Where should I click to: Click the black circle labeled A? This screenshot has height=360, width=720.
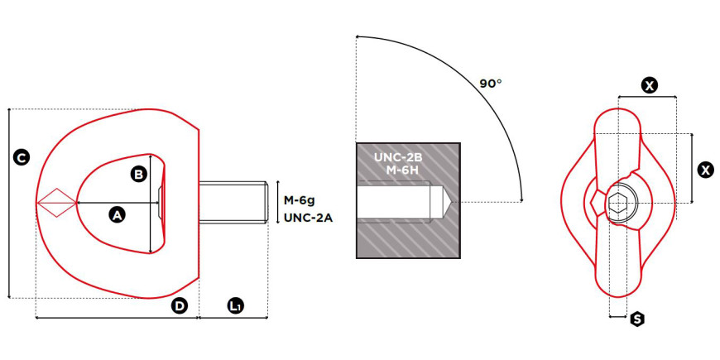pyautogui.click(x=117, y=214)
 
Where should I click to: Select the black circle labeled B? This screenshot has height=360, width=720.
pyautogui.click(x=138, y=175)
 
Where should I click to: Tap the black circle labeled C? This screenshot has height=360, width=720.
pyautogui.click(x=22, y=157)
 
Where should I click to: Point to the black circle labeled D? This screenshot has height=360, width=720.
pyautogui.click(x=180, y=306)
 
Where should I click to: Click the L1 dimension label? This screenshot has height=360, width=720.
pyautogui.click(x=236, y=306)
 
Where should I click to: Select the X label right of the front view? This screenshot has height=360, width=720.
pyautogui.click(x=705, y=170)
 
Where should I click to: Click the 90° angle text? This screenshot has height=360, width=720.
pyautogui.click(x=491, y=84)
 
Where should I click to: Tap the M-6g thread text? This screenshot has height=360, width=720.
pyautogui.click(x=299, y=200)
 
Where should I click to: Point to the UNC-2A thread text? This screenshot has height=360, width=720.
pyautogui.click(x=308, y=218)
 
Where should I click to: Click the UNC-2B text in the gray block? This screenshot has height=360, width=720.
pyautogui.click(x=397, y=157)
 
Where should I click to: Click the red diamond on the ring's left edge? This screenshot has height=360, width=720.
pyautogui.click(x=56, y=203)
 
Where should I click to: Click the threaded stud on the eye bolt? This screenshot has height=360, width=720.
pyautogui.click(x=233, y=202)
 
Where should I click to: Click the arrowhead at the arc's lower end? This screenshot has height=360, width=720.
pyautogui.click(x=521, y=199)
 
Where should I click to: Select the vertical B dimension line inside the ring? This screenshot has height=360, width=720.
pyautogui.click(x=151, y=204)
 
